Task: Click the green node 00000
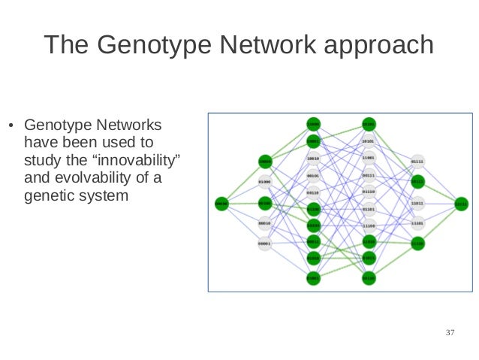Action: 221,202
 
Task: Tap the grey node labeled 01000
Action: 264,182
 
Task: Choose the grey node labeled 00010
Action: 264,223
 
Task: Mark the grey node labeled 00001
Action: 264,244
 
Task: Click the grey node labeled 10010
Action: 313,159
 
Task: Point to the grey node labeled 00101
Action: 313,176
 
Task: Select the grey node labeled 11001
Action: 368,159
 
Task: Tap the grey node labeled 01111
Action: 417,161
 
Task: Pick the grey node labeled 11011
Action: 417,203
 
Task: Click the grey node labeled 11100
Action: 368,225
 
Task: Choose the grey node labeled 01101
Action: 368,209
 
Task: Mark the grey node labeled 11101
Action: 417,223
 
